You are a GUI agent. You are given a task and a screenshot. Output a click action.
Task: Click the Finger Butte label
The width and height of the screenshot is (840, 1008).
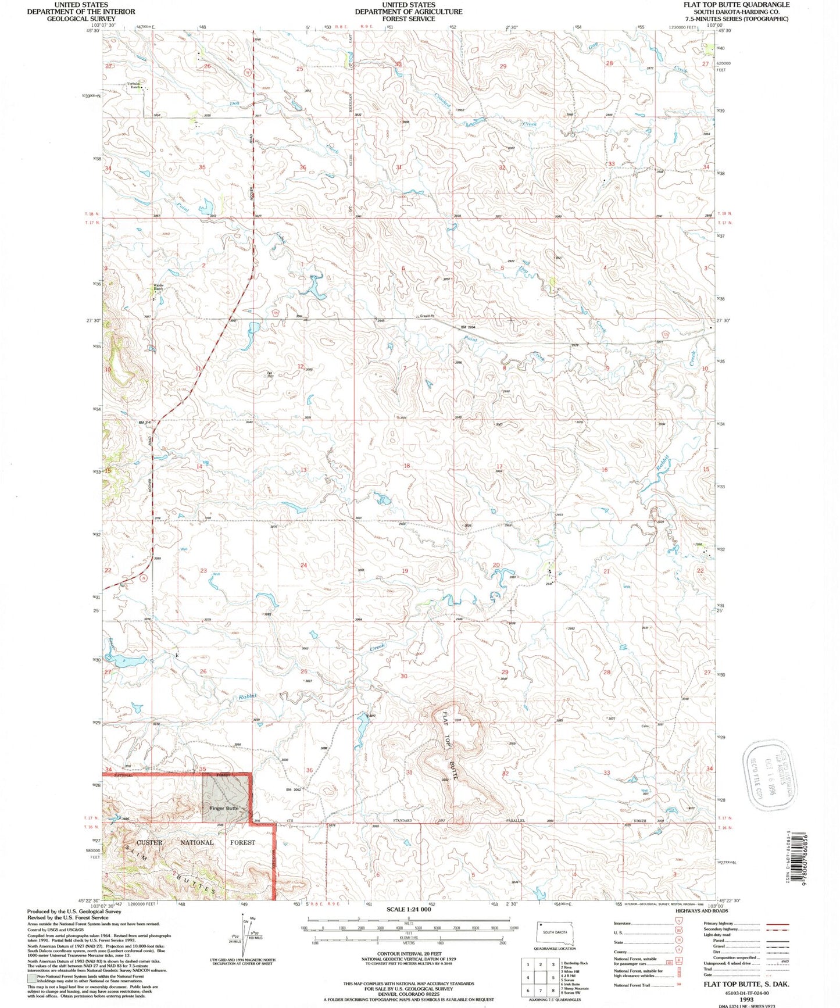click(x=224, y=808)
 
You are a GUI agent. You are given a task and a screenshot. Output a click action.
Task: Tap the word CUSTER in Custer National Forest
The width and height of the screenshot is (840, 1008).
click(x=149, y=842)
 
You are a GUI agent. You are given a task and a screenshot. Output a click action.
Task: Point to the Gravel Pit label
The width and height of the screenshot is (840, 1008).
click(x=428, y=316)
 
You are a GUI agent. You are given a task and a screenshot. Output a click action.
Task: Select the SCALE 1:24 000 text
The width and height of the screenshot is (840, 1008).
click(x=408, y=909)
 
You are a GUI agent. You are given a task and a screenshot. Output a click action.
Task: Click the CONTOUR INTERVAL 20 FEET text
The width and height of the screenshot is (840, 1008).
click(x=408, y=954)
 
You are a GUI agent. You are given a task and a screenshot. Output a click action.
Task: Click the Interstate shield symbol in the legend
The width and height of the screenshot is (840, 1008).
click(x=678, y=923)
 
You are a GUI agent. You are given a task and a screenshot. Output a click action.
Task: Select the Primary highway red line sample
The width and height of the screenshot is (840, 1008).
click(x=777, y=924)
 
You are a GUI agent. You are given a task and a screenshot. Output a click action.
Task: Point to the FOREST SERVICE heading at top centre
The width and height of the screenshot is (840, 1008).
click(x=408, y=19)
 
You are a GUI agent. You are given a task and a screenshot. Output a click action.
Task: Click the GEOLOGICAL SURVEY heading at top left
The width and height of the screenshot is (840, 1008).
click(x=81, y=19)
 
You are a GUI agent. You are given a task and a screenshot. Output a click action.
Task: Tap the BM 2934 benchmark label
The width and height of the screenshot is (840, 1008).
click(x=471, y=328)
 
